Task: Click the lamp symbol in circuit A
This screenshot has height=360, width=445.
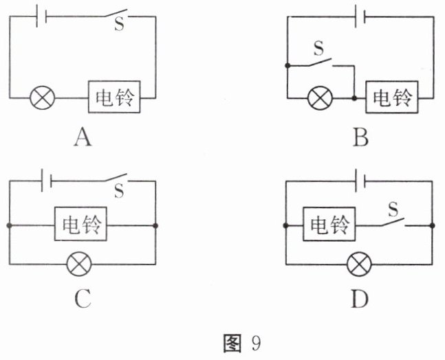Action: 43,98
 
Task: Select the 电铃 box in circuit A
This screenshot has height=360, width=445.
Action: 115,98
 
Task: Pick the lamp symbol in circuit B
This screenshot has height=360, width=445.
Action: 319,98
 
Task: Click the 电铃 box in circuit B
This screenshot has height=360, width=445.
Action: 391,98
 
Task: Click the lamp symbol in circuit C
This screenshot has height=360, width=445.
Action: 82,262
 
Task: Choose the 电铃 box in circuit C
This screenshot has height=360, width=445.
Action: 82,225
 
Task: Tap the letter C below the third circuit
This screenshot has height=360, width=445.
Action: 82,300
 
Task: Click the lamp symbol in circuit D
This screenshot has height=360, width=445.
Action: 358,262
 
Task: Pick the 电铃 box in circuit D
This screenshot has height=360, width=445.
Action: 329,225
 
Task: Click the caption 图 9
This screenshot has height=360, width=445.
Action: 244,342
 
